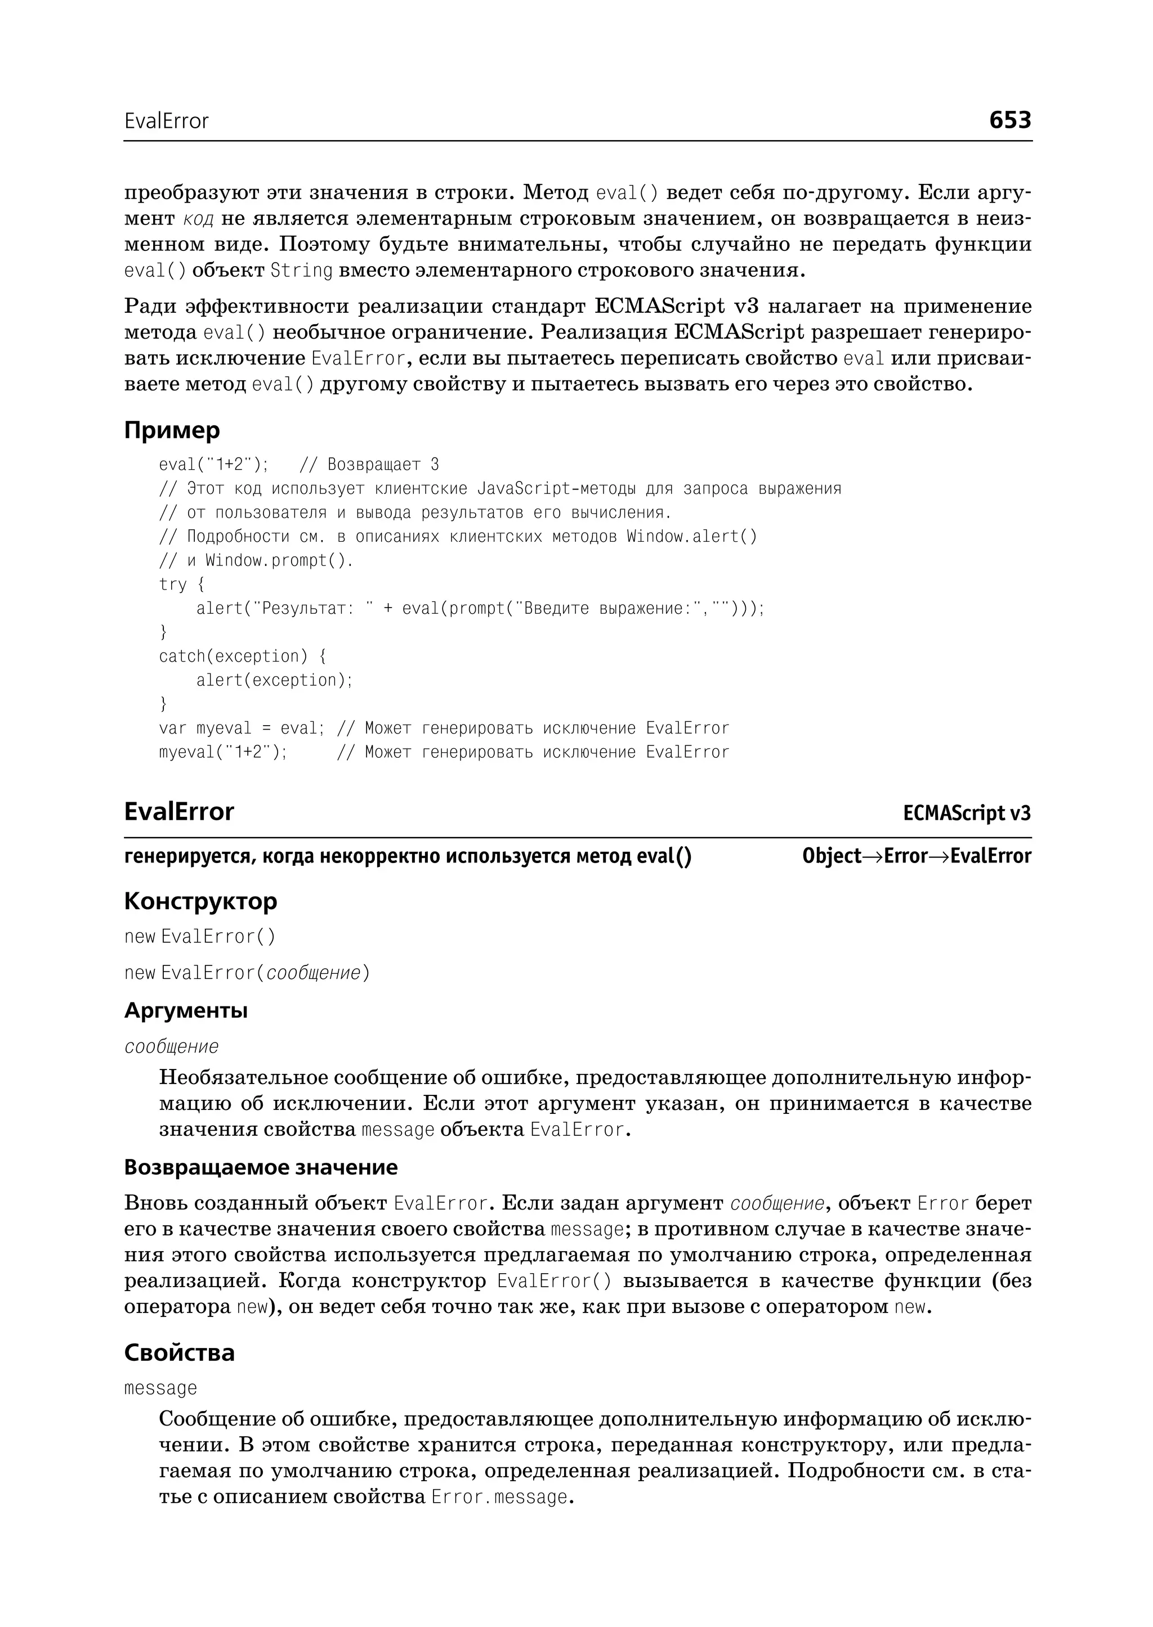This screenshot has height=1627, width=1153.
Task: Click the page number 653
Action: tap(1009, 120)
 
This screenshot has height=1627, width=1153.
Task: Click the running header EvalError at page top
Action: tap(166, 122)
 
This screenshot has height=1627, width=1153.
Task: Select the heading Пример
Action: tap(172, 430)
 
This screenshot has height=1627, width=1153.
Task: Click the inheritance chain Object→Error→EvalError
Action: tap(917, 856)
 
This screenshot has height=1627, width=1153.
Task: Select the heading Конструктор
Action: tap(200, 901)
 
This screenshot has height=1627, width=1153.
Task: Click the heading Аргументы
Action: tap(186, 1010)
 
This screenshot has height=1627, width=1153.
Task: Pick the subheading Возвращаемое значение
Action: tap(261, 1167)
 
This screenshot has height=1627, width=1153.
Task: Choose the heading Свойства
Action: tap(179, 1352)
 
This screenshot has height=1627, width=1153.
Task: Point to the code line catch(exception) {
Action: tap(242, 657)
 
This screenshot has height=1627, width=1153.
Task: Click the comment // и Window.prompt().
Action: tap(256, 560)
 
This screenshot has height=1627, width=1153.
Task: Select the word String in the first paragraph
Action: tap(302, 271)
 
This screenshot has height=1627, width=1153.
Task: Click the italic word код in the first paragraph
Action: tap(198, 218)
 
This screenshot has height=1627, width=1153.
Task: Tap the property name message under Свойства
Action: tap(160, 1388)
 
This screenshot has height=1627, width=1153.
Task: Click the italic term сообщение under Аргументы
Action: tap(171, 1046)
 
